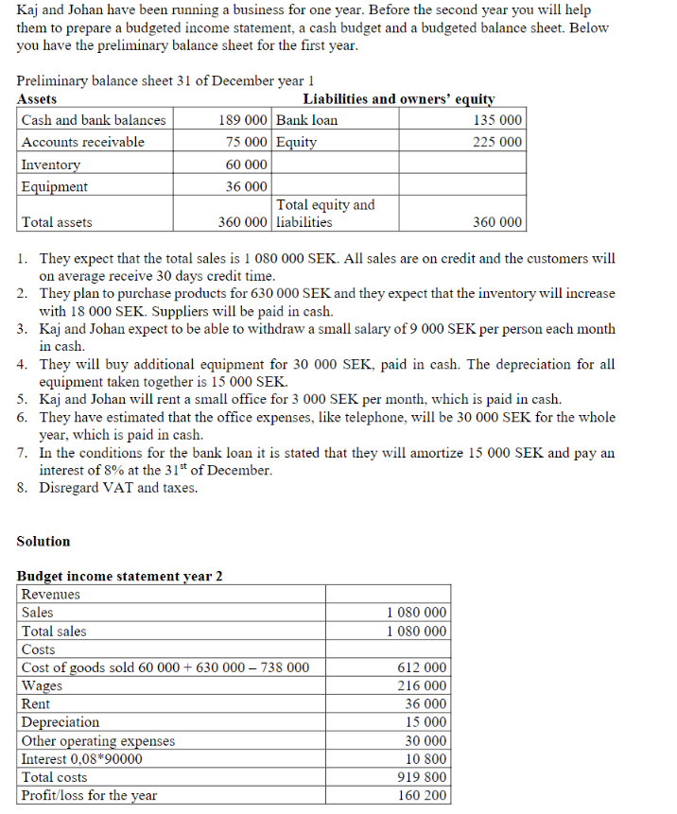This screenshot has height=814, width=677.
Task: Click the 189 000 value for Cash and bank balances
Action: pos(242,120)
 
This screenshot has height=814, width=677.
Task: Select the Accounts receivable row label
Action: pos(83,142)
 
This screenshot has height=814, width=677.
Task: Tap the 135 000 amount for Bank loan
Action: pos(496,120)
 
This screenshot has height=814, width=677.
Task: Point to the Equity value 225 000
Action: pos(496,142)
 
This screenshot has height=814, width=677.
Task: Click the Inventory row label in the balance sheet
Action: pos(51,165)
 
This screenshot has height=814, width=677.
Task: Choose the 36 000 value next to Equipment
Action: pos(246,186)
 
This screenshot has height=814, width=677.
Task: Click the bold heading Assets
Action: pos(37,99)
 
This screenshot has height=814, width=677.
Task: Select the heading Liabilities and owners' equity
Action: pos(398,99)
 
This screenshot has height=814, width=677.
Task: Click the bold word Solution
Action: pos(43,542)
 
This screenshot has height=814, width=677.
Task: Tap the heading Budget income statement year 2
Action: pos(120,576)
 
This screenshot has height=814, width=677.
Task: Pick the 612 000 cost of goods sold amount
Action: pos(423,667)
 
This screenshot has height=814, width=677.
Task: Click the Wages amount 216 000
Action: pos(423,685)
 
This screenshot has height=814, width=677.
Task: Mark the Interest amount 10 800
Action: pos(426,759)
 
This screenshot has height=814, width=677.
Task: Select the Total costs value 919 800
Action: pos(423,777)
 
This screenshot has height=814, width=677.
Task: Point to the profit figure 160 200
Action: pos(423,795)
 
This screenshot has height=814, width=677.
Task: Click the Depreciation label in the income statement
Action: pos(61,722)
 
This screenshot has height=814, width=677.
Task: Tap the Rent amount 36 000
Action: pos(426,704)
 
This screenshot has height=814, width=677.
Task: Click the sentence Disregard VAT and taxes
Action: pos(118,488)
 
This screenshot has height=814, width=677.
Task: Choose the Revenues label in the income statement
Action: pos(51,595)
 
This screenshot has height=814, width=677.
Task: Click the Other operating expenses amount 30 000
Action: pos(426,741)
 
